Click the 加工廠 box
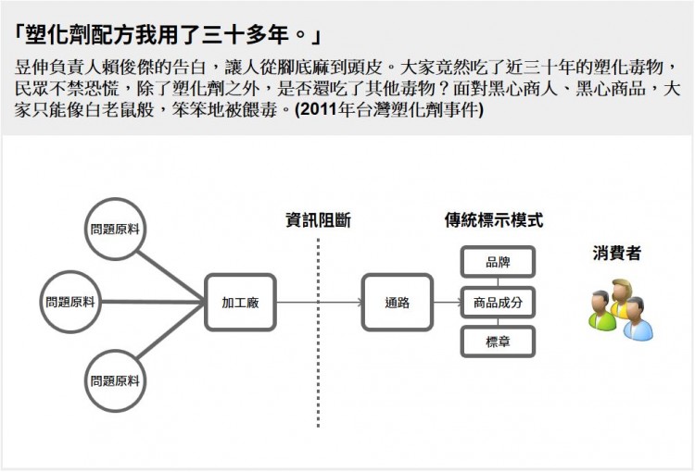coord(240,303)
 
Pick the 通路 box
coord(397,303)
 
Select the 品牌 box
coord(498,262)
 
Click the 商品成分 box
coord(498,303)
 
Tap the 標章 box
coord(498,342)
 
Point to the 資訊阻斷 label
coord(318,220)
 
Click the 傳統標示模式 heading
coord(493,220)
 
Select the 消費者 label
coord(616,253)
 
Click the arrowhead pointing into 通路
coord(357,303)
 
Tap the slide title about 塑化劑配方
coord(168,36)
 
